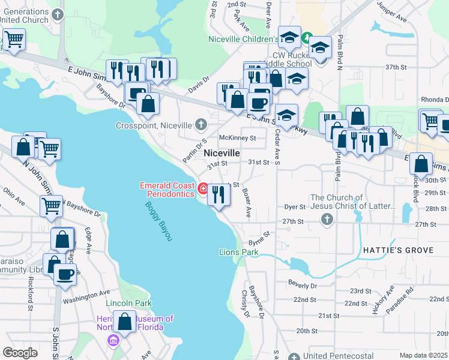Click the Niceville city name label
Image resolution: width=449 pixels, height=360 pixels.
[x=222, y=154]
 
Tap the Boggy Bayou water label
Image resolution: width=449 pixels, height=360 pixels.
[x=158, y=221]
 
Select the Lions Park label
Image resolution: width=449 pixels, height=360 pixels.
[x=238, y=252]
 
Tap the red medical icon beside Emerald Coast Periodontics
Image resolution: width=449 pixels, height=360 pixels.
[x=203, y=190]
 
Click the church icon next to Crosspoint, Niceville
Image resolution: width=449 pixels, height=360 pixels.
[x=200, y=125]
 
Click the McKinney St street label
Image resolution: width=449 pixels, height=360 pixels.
[x=238, y=137]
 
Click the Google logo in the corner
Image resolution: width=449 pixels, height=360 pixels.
[x=20, y=352]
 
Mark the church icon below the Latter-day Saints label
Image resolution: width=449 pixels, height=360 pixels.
[x=327, y=220]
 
